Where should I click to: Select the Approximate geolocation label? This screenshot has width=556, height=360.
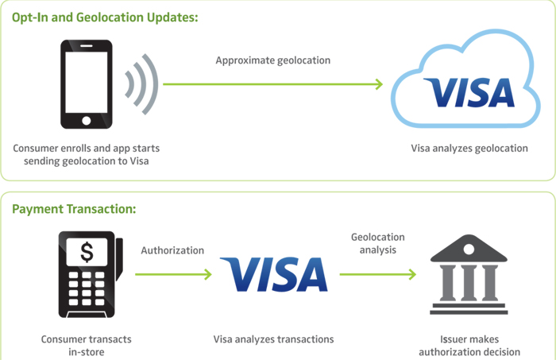(x=273, y=60)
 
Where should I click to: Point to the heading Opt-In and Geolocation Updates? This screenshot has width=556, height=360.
(x=103, y=17)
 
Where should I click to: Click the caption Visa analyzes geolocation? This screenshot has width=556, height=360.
(x=469, y=149)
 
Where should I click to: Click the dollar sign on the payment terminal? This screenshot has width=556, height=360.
(x=87, y=254)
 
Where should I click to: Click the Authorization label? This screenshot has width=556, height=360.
(x=172, y=250)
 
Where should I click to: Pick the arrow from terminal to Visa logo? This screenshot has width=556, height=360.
(x=173, y=274)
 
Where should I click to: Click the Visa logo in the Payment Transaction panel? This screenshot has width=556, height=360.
(x=273, y=274)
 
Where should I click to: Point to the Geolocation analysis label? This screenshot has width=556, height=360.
(x=378, y=243)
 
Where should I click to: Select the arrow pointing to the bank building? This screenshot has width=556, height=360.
(x=378, y=274)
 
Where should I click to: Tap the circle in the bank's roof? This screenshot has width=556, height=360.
(x=469, y=249)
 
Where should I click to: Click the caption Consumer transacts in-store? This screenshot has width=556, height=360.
(x=87, y=345)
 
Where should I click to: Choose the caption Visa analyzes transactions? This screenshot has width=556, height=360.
(x=273, y=339)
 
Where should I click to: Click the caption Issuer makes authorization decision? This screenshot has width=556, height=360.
(x=469, y=345)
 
